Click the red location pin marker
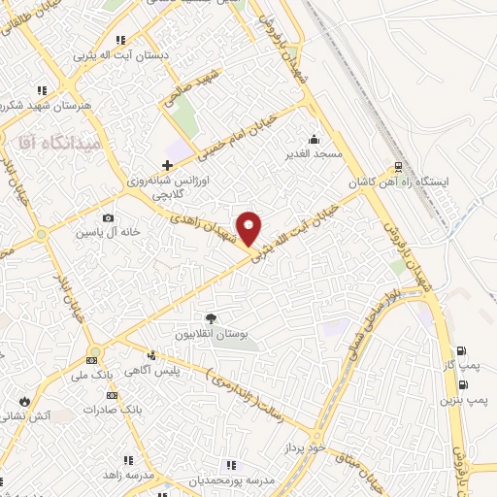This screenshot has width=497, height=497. pos(250,227)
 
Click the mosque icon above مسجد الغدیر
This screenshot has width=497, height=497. pos(313,138)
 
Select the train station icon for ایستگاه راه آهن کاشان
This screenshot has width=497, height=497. pos(398,166)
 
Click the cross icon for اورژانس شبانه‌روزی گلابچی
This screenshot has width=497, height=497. pos(168,166)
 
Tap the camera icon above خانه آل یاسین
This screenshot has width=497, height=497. pos(108,217)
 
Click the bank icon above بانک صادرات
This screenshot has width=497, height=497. pos(113,394)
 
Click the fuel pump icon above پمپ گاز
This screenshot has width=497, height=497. pos(460,351)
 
